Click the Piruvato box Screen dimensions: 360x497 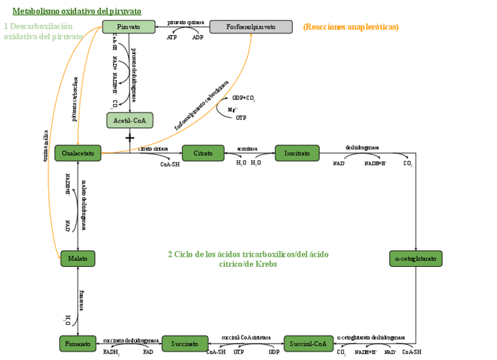tap(128, 27)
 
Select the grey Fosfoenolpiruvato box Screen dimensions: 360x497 tap(251, 27)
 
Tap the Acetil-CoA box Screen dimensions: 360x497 tap(130, 120)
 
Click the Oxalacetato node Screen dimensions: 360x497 tap(78, 153)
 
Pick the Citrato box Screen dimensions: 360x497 tap(203, 153)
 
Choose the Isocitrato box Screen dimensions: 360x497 tap(297, 153)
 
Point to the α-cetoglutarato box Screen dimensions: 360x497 tap(416, 259)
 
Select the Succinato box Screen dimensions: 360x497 tap(185, 344)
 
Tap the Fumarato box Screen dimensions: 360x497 tap(77, 344)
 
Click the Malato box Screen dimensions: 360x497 tap(77, 259)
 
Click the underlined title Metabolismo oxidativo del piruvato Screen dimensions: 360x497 tap(77, 11)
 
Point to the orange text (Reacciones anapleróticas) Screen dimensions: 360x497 tap(350, 27)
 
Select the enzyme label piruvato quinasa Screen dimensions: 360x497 tap(186, 22)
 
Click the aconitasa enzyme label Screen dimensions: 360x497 tap(247, 148)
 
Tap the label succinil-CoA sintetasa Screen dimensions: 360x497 tap(246, 338)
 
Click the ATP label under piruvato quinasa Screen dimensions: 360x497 tap(172, 37)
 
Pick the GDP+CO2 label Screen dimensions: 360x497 tap(243, 98)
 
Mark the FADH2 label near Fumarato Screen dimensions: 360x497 tap(111, 352)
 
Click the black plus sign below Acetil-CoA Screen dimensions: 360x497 tap(130, 137)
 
